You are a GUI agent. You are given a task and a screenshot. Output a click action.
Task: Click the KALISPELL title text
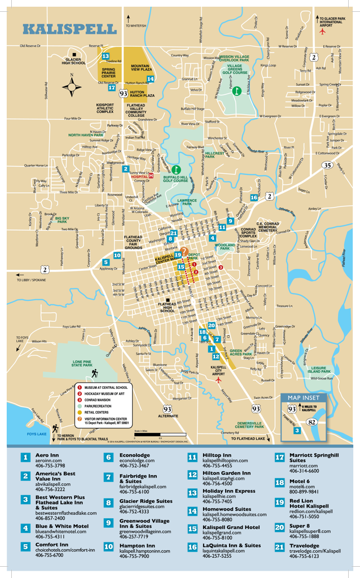[x=69, y=28]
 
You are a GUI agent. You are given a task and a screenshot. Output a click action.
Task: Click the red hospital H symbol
[x=151, y=176]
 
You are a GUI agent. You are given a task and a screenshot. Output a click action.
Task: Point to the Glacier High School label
[x=75, y=61]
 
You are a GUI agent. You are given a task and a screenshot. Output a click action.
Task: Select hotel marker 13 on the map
[x=106, y=56]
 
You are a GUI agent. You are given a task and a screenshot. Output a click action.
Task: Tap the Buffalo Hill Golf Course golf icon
[x=177, y=169]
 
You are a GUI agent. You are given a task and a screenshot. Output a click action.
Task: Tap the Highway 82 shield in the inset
[x=311, y=421]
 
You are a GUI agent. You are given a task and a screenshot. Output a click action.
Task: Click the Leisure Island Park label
[x=320, y=370]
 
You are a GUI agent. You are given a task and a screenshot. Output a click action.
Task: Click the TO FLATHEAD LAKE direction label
[x=247, y=438]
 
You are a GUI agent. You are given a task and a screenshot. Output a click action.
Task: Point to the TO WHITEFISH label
[x=135, y=26]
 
